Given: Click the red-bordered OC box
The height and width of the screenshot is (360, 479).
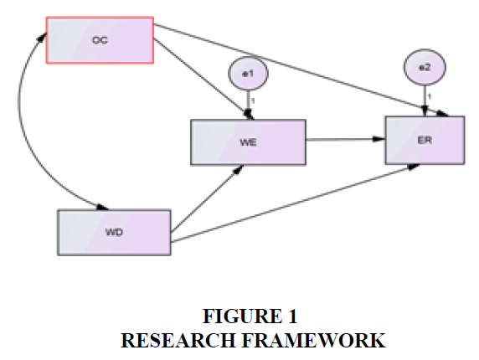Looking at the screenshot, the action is click(100, 40).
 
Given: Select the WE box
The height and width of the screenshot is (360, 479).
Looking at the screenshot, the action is click(249, 142).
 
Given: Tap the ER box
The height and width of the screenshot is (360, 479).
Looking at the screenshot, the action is click(425, 140).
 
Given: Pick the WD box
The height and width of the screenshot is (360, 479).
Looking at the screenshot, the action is click(114, 233).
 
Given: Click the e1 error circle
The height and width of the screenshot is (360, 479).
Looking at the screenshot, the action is click(248, 74).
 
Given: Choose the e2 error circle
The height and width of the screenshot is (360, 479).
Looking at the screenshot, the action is click(425, 67).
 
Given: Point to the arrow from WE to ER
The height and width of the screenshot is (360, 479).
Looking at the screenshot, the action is click(346, 140).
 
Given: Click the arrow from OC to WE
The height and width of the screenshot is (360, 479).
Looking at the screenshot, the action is click(203, 79).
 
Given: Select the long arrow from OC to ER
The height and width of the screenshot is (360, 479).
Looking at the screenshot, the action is click(301, 70).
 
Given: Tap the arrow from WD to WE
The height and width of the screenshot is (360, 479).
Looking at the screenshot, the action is click(207, 198).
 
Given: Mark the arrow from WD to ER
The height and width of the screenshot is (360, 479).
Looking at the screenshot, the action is click(295, 203).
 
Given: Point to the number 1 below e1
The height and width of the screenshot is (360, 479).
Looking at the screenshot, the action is click(253, 100).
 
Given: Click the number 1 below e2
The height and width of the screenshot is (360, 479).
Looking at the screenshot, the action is click(430, 96).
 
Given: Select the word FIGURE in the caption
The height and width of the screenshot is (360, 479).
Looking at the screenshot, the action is click(243, 316).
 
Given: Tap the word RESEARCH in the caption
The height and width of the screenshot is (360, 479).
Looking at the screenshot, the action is click(178, 341).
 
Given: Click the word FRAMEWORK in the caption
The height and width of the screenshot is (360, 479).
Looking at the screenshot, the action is click(314, 341).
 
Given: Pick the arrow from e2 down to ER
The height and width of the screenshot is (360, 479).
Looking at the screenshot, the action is click(425, 100).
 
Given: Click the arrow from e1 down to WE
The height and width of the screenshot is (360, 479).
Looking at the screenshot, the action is click(249, 105).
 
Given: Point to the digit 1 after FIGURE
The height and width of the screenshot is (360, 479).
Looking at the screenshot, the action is click(292, 316).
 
